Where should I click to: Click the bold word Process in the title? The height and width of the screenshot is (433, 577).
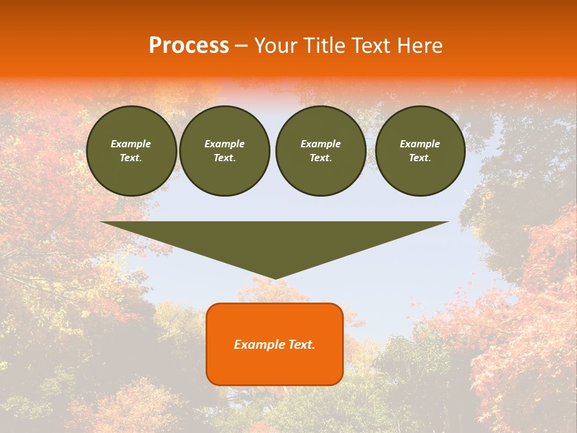[189, 46]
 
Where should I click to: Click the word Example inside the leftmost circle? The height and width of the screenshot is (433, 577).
[131, 144]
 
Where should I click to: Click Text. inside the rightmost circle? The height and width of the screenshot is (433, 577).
[420, 158]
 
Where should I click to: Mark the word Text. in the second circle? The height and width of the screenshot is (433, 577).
[225, 158]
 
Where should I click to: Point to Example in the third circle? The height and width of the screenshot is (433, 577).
[320, 144]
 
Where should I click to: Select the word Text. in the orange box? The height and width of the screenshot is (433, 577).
[302, 345]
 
